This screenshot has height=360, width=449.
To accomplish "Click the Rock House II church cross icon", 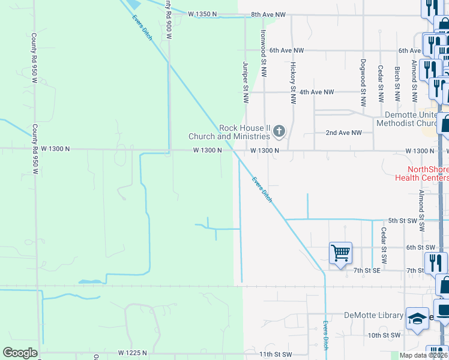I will tap(279, 130).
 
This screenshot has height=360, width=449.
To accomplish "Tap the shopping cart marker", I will tap(340, 253).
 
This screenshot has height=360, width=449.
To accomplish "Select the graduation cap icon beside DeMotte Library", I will tap(417, 319).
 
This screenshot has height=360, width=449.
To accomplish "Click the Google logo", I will tap(20, 353).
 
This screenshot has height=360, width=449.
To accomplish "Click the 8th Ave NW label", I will tap(268, 14).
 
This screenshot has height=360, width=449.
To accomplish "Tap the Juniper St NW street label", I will tap(246, 82).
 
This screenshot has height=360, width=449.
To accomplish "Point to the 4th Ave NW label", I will tap(316, 92).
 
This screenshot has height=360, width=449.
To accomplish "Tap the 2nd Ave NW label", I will tap(343, 133).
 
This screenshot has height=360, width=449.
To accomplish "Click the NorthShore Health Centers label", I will tap(421, 173).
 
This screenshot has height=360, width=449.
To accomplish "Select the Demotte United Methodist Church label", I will tap(412, 119).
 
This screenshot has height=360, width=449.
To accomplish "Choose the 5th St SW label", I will tap(402, 220).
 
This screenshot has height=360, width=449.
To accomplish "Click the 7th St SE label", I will tap(366, 271).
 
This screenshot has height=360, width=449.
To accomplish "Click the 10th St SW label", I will tap(384, 335).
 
